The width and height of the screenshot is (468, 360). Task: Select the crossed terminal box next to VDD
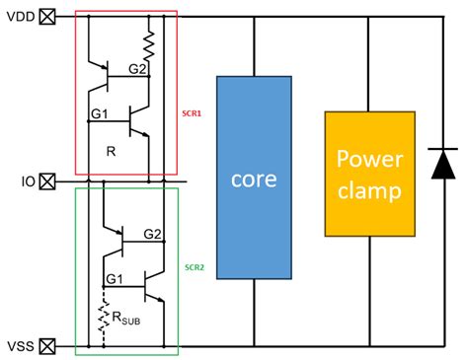(46, 16)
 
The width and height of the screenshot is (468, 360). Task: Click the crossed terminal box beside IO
(46, 181)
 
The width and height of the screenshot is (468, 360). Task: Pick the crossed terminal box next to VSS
(46, 345)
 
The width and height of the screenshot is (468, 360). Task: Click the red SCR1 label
(193, 113)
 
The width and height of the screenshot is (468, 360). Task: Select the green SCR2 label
(193, 266)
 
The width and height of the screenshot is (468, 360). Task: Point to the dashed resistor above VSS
(103, 316)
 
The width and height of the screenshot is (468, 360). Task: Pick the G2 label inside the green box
(153, 234)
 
